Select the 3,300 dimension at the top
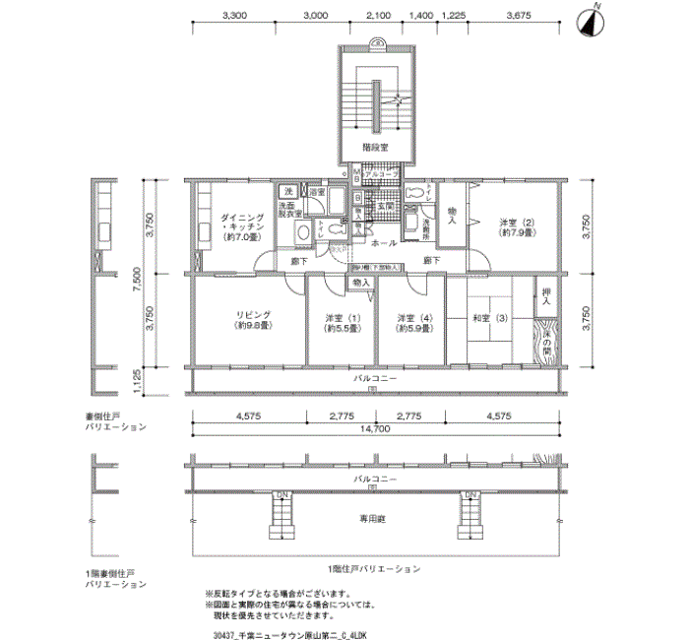(235, 17)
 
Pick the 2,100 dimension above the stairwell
(377, 17)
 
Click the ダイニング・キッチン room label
(239, 224)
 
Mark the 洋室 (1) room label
(343, 322)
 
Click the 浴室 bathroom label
(318, 192)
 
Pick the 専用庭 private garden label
(375, 518)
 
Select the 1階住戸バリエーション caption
(374, 569)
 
